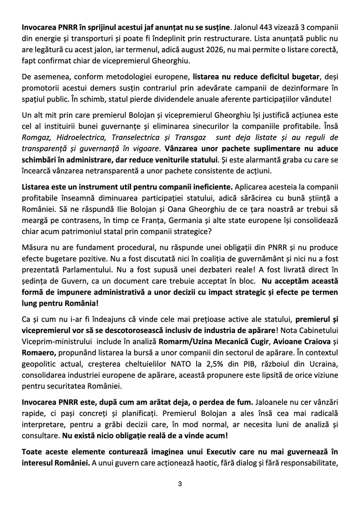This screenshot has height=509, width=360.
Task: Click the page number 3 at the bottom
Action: (180, 484)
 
